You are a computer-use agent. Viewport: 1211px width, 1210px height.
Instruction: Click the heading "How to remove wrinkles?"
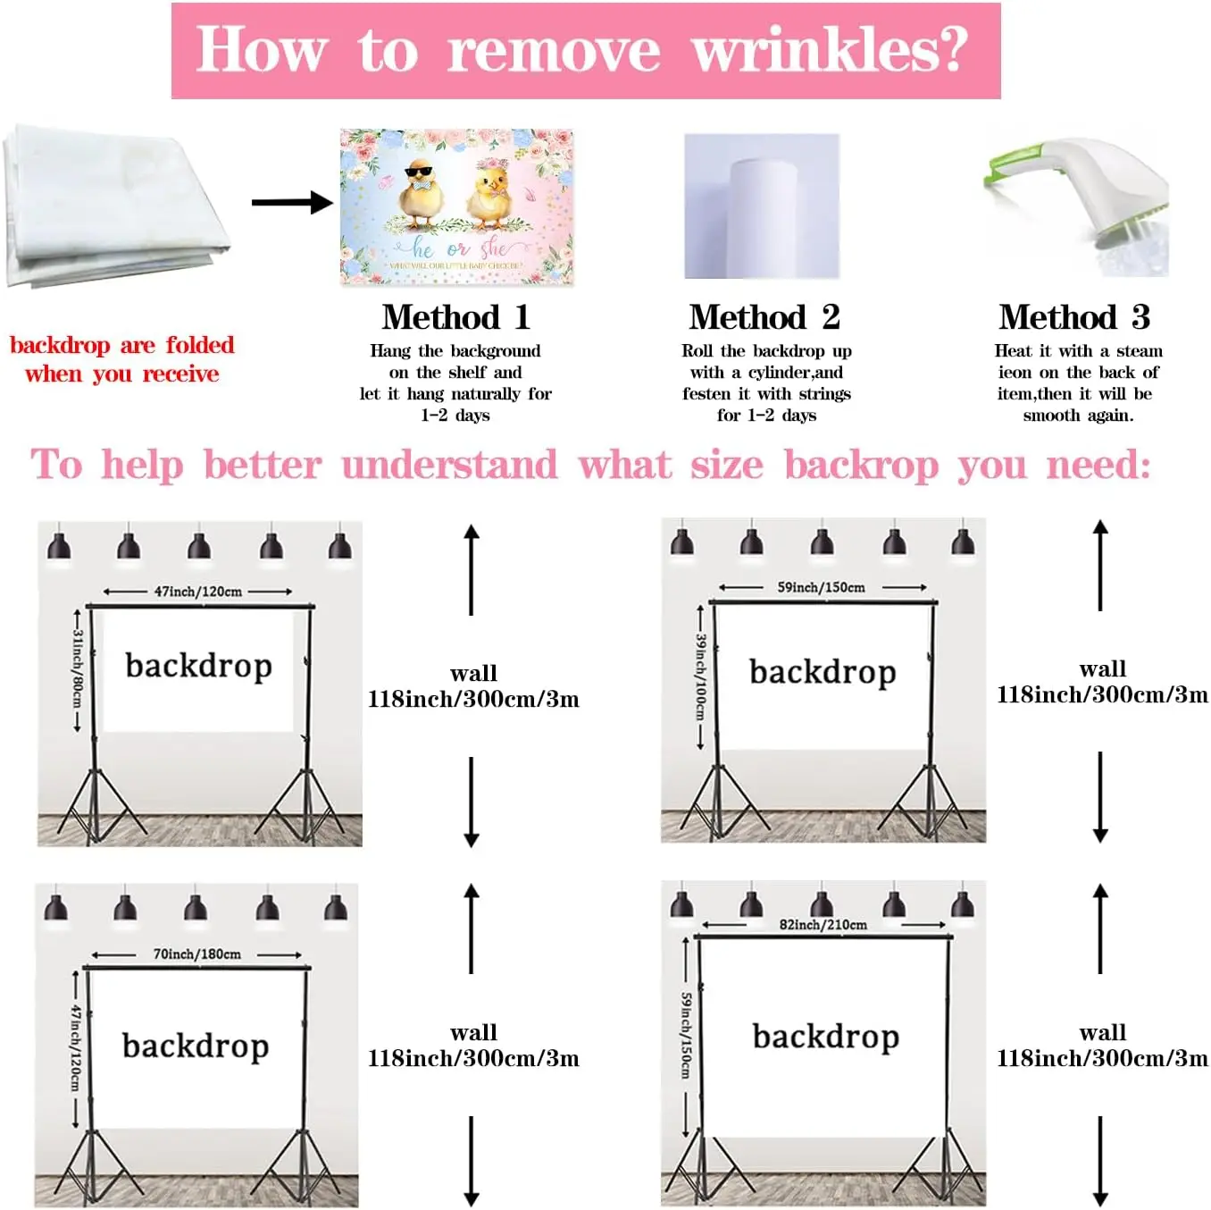pyautogui.click(x=584, y=50)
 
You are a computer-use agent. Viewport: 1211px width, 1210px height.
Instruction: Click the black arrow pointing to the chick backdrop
pyautogui.click(x=291, y=203)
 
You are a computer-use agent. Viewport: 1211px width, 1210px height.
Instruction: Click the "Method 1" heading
pyautogui.click(x=455, y=317)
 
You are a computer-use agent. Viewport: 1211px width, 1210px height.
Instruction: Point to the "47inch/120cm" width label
pyautogui.click(x=197, y=592)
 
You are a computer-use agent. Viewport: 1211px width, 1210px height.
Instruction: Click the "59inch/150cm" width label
pyautogui.click(x=821, y=587)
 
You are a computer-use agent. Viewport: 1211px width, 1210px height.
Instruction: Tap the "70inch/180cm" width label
pyautogui.click(x=196, y=954)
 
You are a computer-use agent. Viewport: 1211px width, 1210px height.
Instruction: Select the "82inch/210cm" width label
pyautogui.click(x=823, y=925)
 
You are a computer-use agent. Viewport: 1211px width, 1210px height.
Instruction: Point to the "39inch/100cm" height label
pyautogui.click(x=701, y=676)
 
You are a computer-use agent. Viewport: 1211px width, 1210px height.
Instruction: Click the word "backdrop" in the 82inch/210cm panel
pyautogui.click(x=825, y=1037)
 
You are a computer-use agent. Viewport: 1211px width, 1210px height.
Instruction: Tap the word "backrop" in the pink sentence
pyautogui.click(x=861, y=465)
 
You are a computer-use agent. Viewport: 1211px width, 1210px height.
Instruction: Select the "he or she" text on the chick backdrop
pyautogui.click(x=456, y=248)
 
